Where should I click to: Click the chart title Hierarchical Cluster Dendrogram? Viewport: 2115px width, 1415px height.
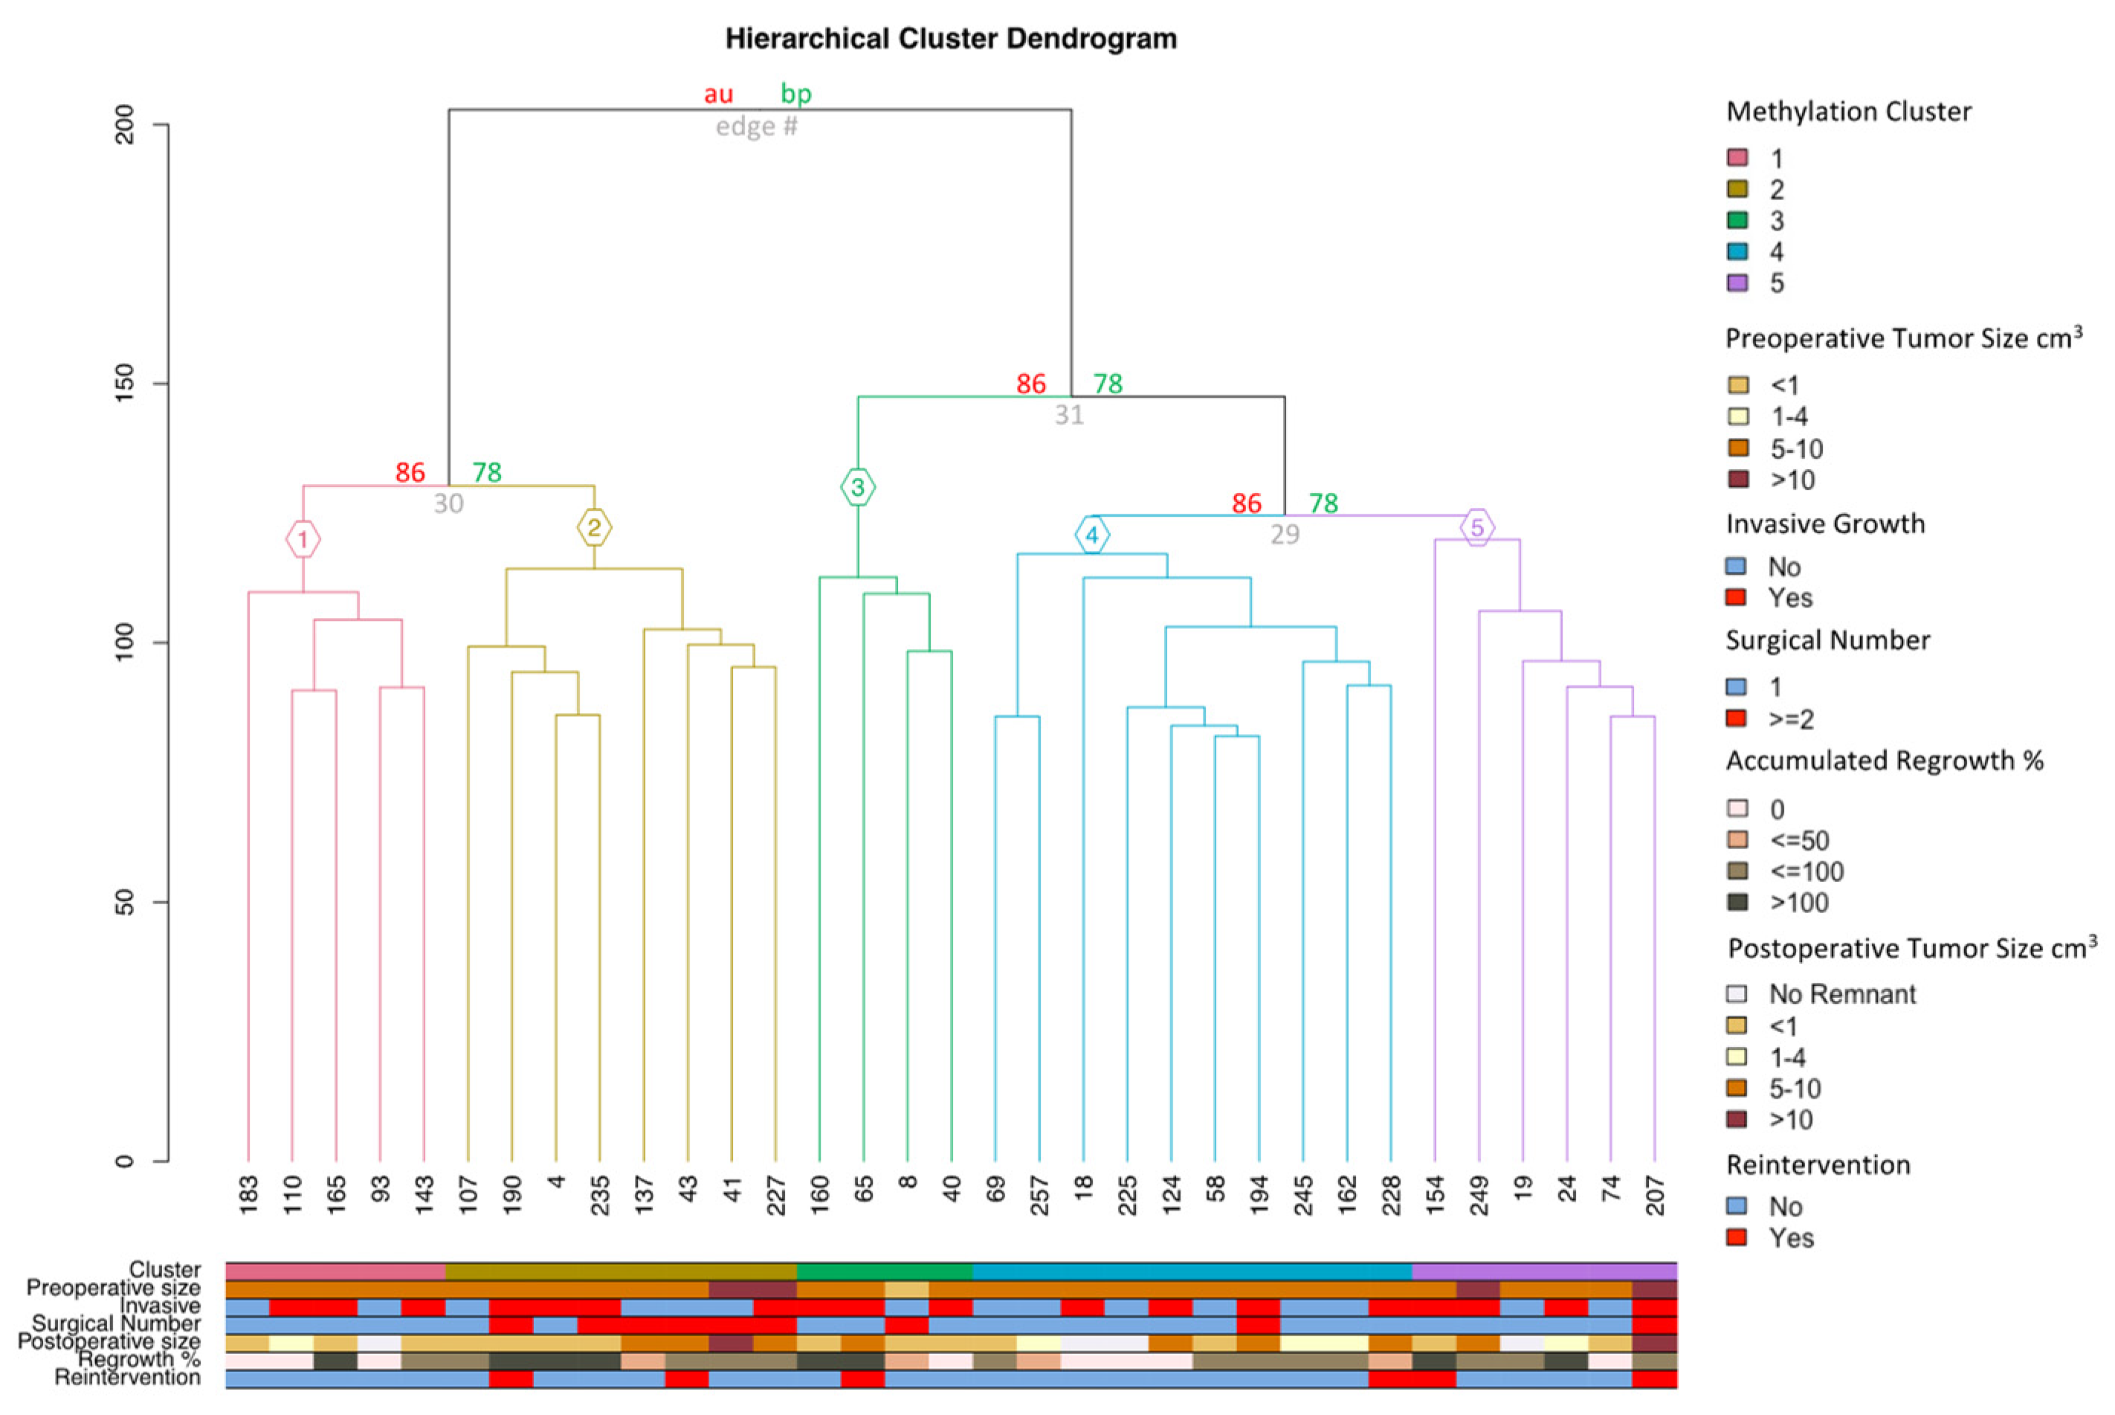950,39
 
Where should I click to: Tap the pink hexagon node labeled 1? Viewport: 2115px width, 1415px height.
303,540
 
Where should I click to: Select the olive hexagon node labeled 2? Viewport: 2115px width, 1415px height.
594,528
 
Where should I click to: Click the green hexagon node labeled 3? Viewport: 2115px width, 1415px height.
857,487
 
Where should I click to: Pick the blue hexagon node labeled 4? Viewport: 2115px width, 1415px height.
1092,535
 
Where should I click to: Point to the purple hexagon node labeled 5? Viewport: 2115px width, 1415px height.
1476,527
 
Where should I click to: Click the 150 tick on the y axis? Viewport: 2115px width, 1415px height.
126,384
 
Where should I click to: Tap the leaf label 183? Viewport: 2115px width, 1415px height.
249,1195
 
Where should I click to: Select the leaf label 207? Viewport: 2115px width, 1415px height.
1655,1195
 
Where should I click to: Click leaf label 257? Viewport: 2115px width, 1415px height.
1039,1195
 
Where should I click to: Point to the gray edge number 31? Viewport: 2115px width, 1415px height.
1069,415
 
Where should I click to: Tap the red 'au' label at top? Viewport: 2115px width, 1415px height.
718,94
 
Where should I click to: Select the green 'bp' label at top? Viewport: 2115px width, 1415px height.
796,94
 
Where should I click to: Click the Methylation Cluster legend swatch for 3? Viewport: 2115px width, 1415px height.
1737,220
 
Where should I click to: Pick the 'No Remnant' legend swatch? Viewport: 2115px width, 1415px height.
1737,993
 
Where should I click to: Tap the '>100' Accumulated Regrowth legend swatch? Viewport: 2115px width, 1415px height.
1737,903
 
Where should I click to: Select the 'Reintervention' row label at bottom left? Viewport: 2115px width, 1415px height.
127,1377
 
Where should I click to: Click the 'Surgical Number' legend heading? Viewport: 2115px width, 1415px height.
1827,641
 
